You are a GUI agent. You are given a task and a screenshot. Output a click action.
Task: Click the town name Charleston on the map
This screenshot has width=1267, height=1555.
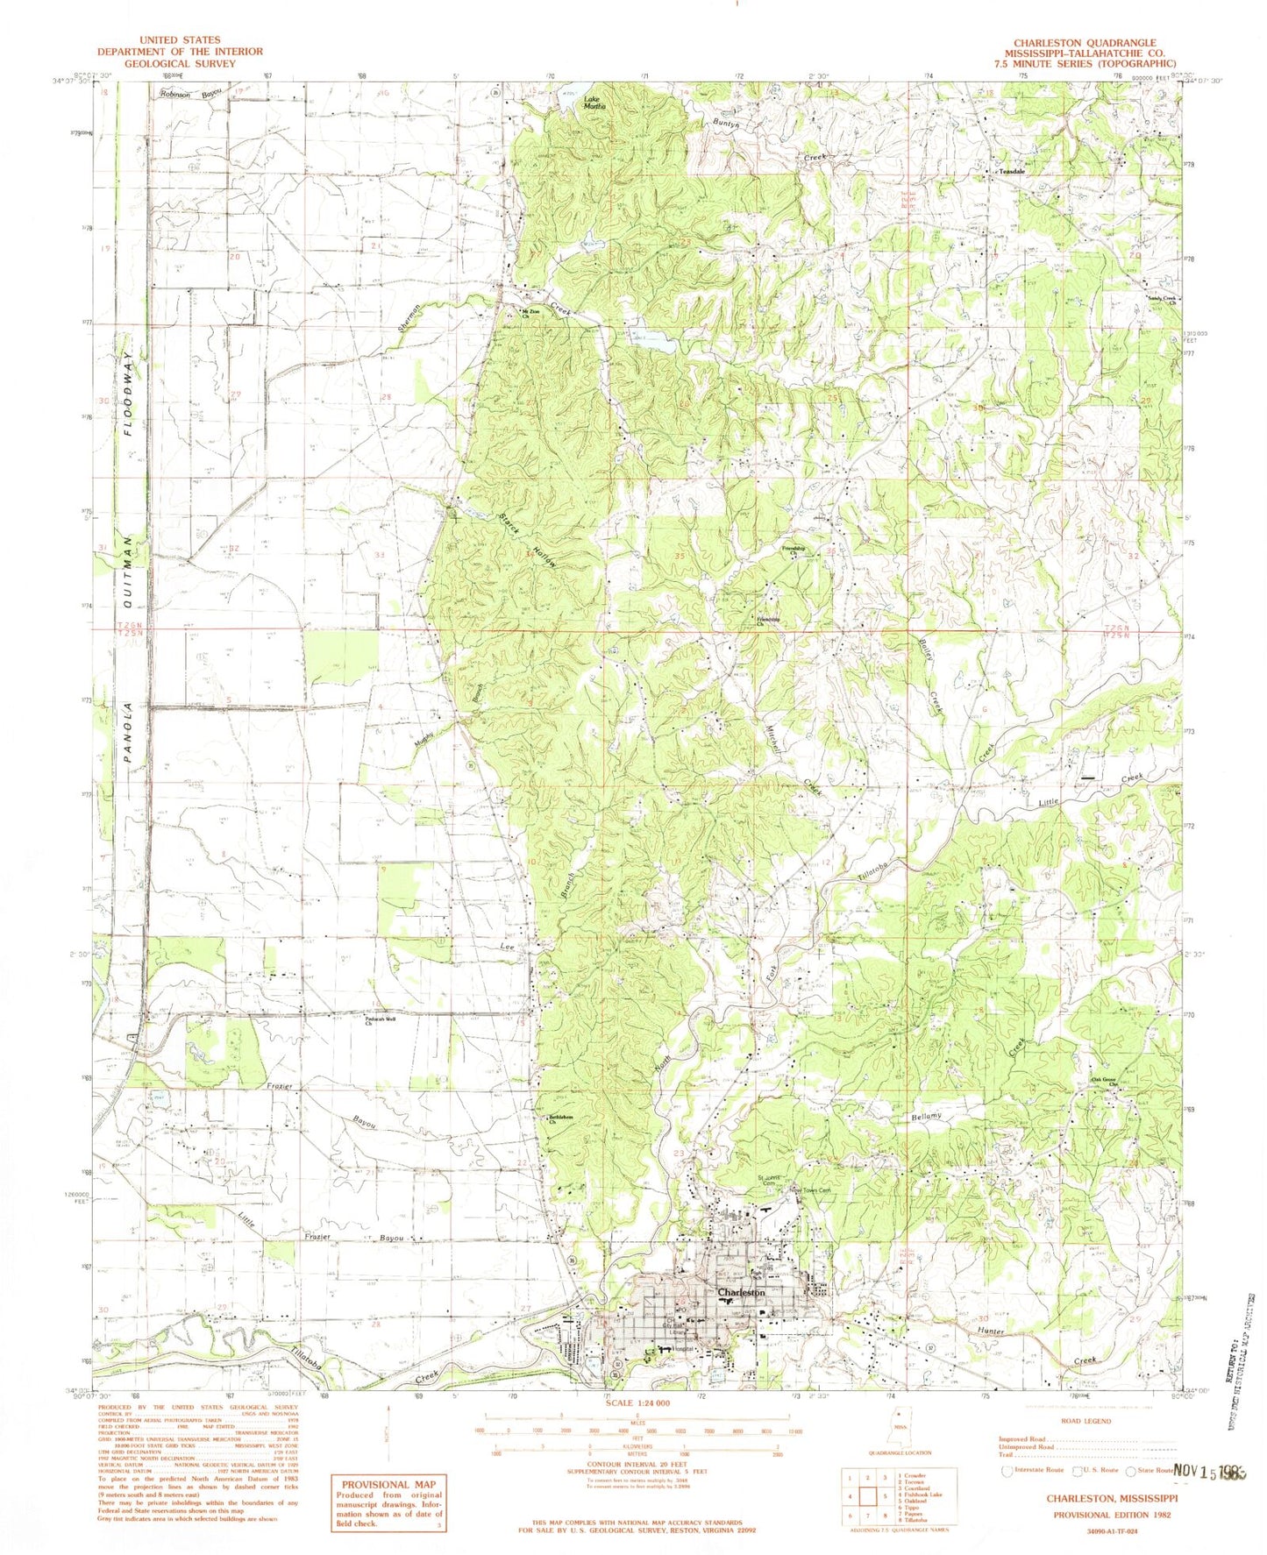(x=741, y=1293)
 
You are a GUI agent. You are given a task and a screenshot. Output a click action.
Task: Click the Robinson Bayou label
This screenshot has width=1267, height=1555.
(x=185, y=94)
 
